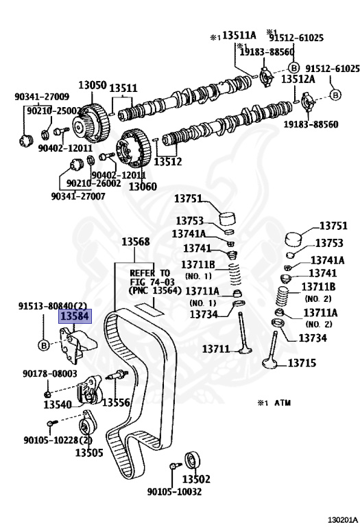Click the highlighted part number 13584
[75, 316]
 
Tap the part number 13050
[93, 85]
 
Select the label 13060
[143, 186]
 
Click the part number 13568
[135, 242]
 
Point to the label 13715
[302, 362]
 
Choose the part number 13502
[196, 478]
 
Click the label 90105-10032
[175, 492]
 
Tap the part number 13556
[116, 402]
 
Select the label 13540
[58, 404]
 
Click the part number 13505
[89, 452]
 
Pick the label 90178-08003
[50, 373]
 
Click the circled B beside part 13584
[44, 345]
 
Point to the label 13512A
[298, 79]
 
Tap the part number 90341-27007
[78, 196]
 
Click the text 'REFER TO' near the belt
[149, 273]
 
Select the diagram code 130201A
[343, 520]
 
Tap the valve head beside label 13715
[270, 363]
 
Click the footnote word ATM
[283, 403]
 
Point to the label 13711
[216, 349]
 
